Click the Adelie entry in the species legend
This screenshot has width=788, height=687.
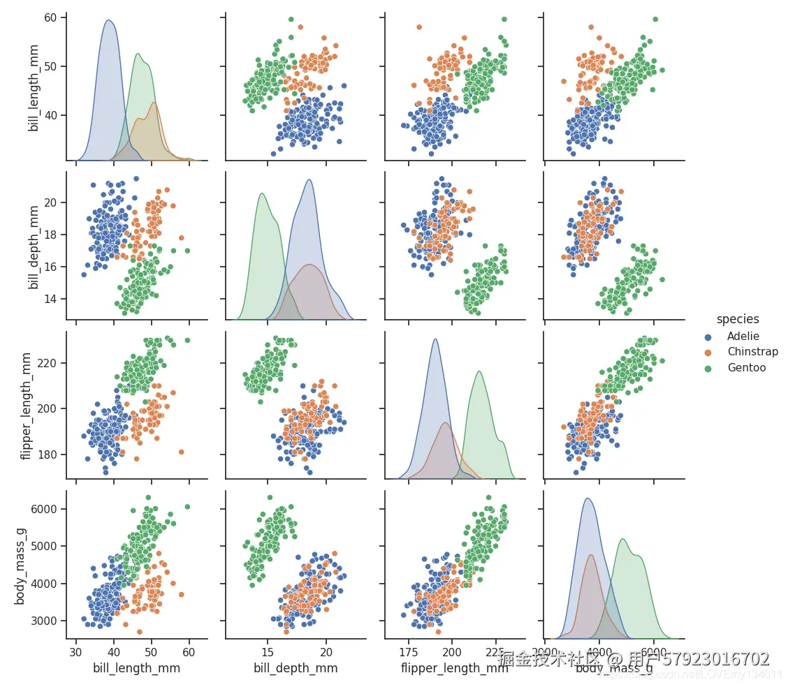pyautogui.click(x=743, y=336)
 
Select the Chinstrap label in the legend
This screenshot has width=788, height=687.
pyautogui.click(x=752, y=352)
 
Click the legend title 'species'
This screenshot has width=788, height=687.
pyautogui.click(x=738, y=319)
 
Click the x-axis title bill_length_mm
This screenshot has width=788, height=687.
pyautogui.click(x=136, y=668)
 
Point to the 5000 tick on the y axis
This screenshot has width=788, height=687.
pyautogui.click(x=43, y=546)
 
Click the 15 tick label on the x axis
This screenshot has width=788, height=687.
pyautogui.click(x=267, y=652)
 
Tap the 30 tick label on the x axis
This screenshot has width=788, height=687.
pyautogui.click(x=76, y=652)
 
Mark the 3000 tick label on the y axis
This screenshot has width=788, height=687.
pyautogui.click(x=43, y=621)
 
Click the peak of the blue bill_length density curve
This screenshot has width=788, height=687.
pyautogui.click(x=108, y=20)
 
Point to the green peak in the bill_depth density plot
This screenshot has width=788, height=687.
pyautogui.click(x=261, y=193)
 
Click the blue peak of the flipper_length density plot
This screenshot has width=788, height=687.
pyautogui.click(x=435, y=339)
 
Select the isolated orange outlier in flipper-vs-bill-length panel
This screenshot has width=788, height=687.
pyautogui.click(x=181, y=452)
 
